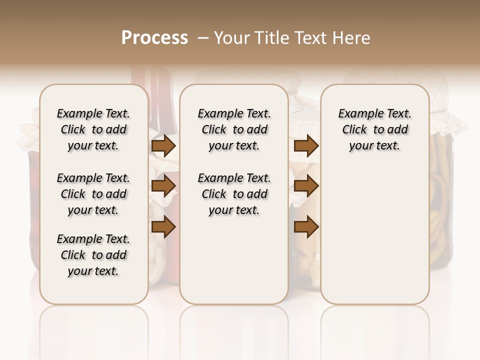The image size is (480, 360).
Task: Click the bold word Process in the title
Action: pyautogui.click(x=154, y=38)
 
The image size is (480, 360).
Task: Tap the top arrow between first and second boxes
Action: pyautogui.click(x=163, y=146)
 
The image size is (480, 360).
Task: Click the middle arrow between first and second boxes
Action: pyautogui.click(x=163, y=186)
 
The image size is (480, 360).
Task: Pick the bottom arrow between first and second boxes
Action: pyautogui.click(x=163, y=227)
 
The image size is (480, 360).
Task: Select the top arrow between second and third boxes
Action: pyautogui.click(x=306, y=146)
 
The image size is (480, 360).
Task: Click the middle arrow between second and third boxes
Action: pyautogui.click(x=306, y=186)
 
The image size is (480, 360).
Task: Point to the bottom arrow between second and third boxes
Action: pyautogui.click(x=306, y=227)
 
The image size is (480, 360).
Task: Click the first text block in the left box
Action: pyautogui.click(x=93, y=129)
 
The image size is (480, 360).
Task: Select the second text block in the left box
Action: pyautogui.click(x=93, y=194)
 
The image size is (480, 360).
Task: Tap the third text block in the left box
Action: pyautogui.click(x=93, y=255)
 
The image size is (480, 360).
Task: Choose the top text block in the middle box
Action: pyautogui.click(x=234, y=129)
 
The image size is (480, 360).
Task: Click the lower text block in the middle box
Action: pyautogui.click(x=234, y=194)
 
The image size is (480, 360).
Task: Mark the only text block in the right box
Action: pyautogui.click(x=374, y=129)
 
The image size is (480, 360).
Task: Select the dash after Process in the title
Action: pyautogui.click(x=202, y=38)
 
